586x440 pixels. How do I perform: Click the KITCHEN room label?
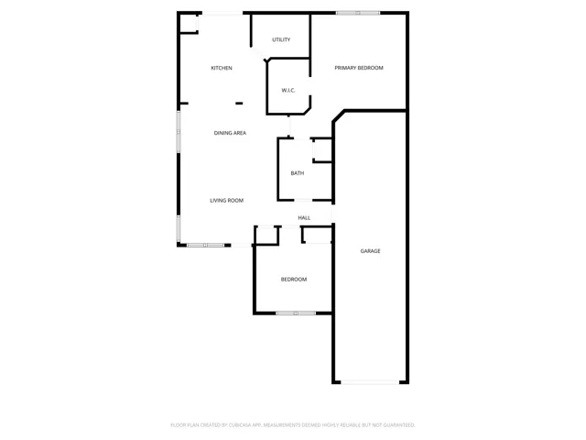click(222, 68)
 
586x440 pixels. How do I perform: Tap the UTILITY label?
click(281, 39)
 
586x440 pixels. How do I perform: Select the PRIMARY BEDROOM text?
click(359, 68)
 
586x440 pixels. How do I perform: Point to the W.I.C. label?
click(288, 90)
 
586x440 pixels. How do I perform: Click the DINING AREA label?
click(230, 133)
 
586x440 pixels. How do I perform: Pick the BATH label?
click(298, 173)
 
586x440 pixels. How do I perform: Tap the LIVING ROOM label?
click(226, 201)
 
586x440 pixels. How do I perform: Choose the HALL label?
click(304, 218)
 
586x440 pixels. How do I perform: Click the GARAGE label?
click(370, 251)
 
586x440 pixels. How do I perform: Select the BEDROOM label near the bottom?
click(294, 280)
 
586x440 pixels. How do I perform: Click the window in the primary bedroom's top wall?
click(358, 13)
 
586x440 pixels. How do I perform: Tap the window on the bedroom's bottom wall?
click(296, 313)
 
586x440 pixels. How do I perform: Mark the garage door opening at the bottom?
click(370, 382)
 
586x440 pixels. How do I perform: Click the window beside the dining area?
click(179, 131)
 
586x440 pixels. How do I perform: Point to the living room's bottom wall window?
click(205, 245)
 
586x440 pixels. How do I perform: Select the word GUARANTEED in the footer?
click(400, 425)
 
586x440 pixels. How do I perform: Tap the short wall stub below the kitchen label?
click(239, 104)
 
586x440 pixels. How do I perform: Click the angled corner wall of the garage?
click(339, 116)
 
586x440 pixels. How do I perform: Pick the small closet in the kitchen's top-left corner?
click(189, 24)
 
